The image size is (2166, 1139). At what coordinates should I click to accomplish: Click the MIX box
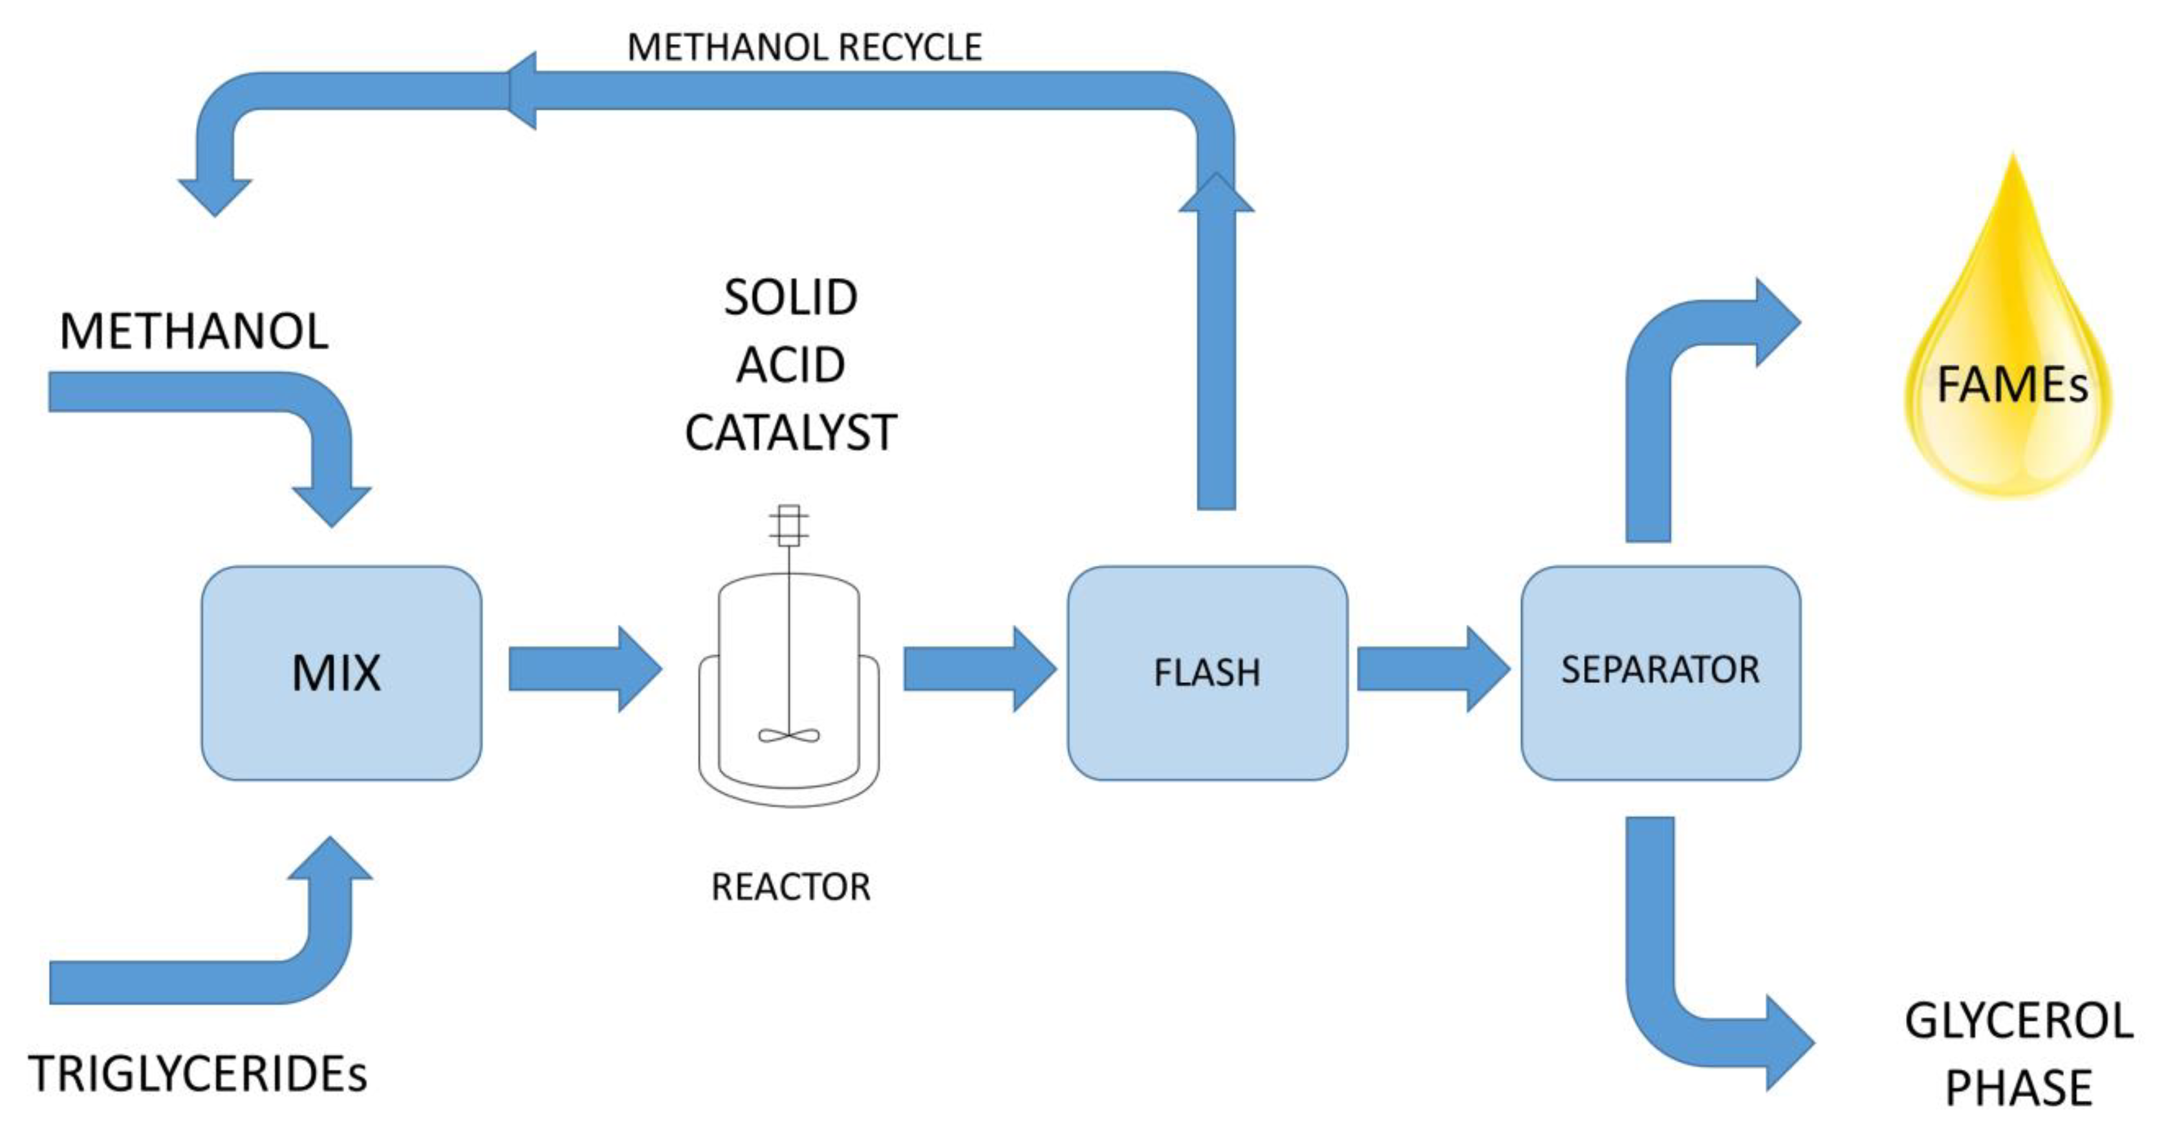pos(341,673)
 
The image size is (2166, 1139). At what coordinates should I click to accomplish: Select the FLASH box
pos(1207,673)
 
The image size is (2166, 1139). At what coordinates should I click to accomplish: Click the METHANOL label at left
pos(193,331)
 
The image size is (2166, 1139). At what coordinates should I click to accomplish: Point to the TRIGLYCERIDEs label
pos(198,1074)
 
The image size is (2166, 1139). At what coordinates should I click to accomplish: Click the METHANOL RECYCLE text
pos(804,47)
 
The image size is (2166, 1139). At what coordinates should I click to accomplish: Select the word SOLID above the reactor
pos(790,298)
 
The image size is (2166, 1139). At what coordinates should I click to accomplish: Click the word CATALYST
pos(790,433)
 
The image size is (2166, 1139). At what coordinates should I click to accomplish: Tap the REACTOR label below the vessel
pos(790,887)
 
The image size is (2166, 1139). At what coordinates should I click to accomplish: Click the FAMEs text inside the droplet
pos(2011,385)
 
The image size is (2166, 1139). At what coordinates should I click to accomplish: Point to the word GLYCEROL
pos(2018,1021)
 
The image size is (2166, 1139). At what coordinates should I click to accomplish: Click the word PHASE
pos(2018,1088)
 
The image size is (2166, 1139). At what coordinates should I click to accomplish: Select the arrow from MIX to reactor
pos(585,669)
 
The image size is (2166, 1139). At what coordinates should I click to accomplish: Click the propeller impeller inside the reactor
pos(788,735)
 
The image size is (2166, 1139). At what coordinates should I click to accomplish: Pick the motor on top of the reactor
pos(788,525)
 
